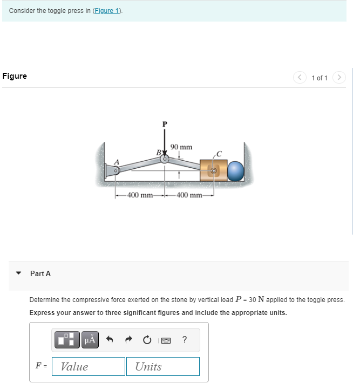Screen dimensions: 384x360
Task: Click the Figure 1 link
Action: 108,11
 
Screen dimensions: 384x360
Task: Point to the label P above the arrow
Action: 165,124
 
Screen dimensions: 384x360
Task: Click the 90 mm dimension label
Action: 181,147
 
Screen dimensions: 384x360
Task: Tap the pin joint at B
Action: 165,159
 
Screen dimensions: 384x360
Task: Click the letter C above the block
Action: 219,153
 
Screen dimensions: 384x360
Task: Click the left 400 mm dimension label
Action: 139,195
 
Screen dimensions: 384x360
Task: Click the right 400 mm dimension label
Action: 188,195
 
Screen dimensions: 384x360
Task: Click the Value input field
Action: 89,367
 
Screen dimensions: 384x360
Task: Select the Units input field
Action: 163,367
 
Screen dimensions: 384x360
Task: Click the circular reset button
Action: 147,340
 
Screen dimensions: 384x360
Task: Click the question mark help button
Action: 185,340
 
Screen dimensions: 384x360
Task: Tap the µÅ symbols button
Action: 90,340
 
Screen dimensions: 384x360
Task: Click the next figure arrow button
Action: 339,78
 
